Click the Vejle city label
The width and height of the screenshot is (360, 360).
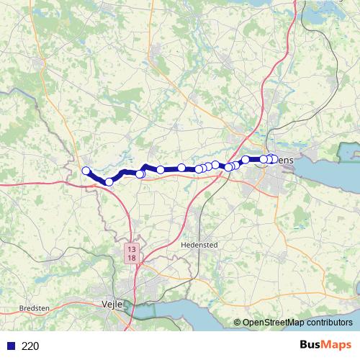coord(114,305)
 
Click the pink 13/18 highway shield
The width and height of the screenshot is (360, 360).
coord(131,253)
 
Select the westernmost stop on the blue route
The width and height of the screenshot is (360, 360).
coord(86,171)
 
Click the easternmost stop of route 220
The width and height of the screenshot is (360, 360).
coord(274,159)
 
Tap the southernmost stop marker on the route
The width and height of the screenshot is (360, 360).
coord(109,181)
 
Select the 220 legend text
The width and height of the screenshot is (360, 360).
coord(30,346)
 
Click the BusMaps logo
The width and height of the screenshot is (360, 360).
coord(325,346)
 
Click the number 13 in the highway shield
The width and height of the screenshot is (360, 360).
coord(131,249)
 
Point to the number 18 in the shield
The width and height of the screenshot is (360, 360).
coord(131,257)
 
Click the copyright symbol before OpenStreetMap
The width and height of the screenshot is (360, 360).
coord(238,323)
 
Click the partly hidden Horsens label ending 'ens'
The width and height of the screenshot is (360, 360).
coord(286,159)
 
